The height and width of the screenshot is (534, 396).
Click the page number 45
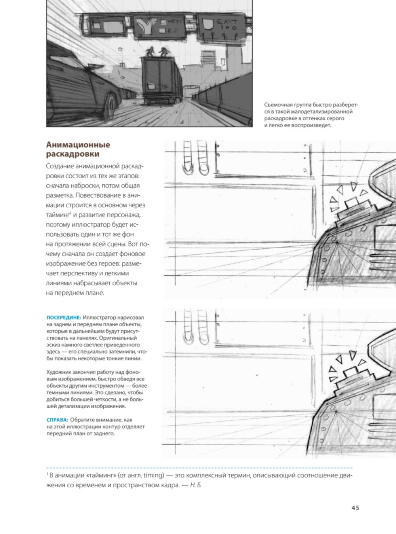tap(355, 508)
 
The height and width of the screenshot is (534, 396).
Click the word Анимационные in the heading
tap(78, 145)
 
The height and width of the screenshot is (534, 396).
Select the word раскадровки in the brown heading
tap(73, 154)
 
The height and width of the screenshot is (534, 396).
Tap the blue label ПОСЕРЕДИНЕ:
tap(64, 318)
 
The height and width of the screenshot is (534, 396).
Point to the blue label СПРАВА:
tap(57, 420)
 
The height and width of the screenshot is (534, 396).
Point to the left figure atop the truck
tap(150, 52)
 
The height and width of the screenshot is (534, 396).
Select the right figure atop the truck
tap(164, 52)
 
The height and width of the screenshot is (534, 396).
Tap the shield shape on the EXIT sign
tap(208, 24)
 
